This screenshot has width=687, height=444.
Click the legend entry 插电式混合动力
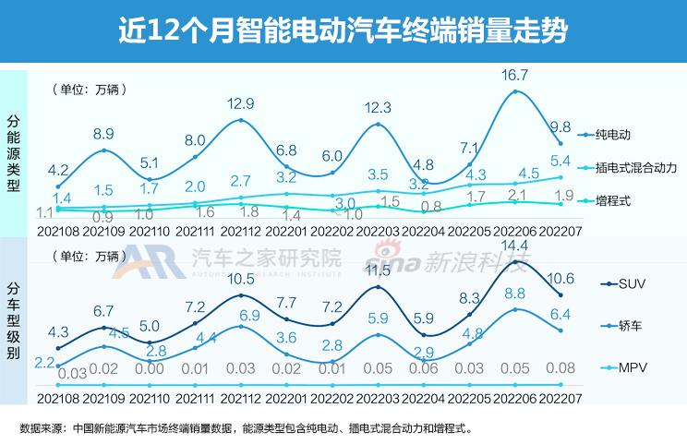[x=636, y=167]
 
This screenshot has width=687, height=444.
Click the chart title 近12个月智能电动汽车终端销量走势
[x=343, y=31]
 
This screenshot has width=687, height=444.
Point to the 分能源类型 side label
[x=13, y=152]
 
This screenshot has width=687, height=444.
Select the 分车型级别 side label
[x=13, y=318]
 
